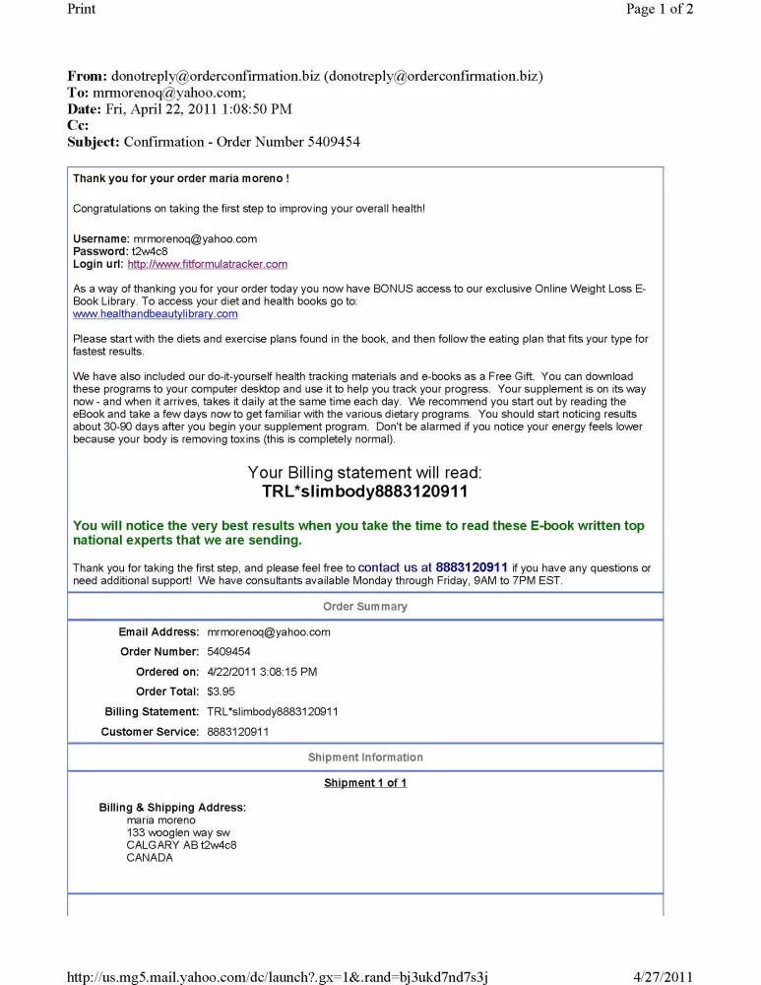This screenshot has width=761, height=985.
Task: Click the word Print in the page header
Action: click(x=82, y=9)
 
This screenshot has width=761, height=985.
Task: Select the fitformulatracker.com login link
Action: click(x=207, y=264)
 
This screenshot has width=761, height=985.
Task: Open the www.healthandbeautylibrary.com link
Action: click(x=156, y=314)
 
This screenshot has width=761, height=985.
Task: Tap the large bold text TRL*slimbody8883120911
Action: click(x=364, y=492)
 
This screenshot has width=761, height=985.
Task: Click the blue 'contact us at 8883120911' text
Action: click(x=433, y=567)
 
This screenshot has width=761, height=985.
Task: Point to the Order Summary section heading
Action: click(x=364, y=607)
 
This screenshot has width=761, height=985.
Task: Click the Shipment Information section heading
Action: click(x=364, y=757)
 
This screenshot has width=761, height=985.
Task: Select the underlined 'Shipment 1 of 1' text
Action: click(x=365, y=783)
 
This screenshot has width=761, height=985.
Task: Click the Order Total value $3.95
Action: click(x=221, y=691)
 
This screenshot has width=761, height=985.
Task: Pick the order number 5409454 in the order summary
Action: click(x=228, y=652)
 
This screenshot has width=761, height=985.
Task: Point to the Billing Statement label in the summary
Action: click(x=152, y=712)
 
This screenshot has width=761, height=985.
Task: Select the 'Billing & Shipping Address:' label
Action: click(x=172, y=808)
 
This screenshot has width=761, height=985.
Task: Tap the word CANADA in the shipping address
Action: click(x=150, y=858)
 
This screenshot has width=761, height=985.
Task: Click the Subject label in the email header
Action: click(x=94, y=142)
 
